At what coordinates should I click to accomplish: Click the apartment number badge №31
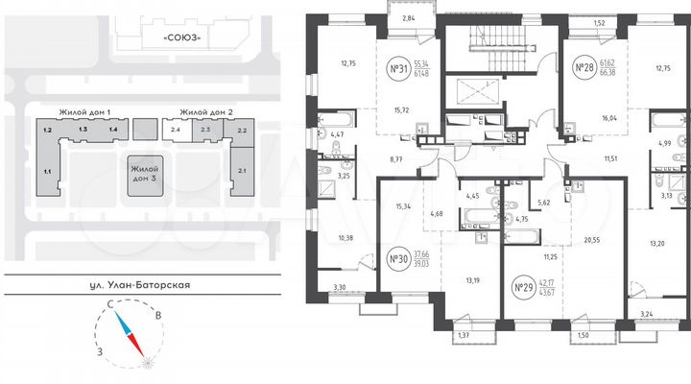(397, 68)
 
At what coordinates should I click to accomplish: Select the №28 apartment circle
(582, 68)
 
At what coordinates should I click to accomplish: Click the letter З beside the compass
(101, 350)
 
